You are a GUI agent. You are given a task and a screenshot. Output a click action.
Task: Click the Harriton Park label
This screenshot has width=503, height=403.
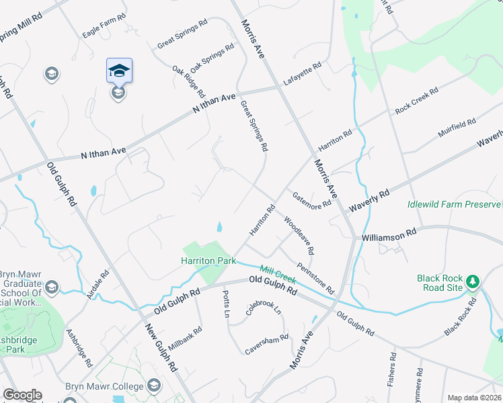(x=208, y=260)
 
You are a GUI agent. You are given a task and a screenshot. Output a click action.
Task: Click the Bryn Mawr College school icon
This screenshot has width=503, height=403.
(x=154, y=385)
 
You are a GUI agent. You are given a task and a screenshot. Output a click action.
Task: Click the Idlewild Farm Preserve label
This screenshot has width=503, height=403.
(x=455, y=204)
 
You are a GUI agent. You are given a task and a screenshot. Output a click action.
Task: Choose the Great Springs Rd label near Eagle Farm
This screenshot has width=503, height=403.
(x=182, y=34)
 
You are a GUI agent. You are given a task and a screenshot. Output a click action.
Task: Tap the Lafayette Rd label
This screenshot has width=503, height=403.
(x=303, y=73)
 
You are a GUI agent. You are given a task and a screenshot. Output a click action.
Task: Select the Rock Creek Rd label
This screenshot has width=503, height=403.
(x=417, y=99)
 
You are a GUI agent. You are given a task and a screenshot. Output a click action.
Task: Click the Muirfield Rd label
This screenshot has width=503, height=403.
(x=457, y=128)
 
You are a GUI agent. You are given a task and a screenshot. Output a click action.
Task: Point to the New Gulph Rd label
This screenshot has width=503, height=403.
(x=161, y=347)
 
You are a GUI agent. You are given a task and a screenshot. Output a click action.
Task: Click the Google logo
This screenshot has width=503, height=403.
(x=22, y=395)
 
